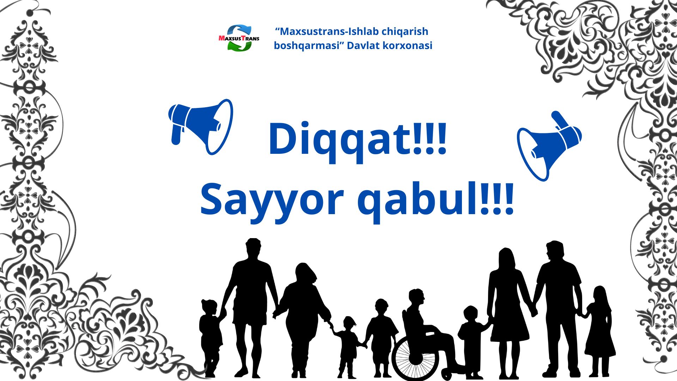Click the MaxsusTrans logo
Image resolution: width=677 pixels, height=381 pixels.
[239, 38]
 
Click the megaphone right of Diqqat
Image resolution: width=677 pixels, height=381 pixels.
[549, 146]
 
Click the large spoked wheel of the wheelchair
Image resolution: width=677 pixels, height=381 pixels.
[415, 358]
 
